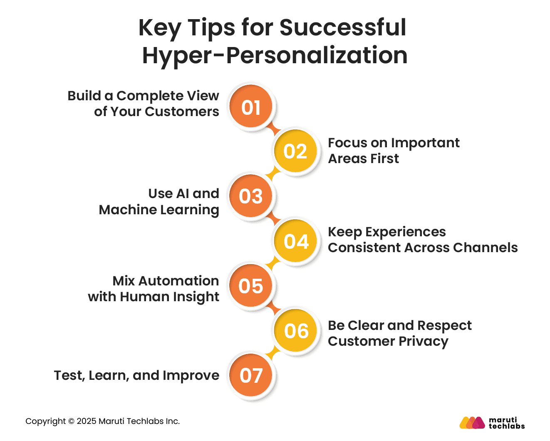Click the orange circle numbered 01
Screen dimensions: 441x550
[x=251, y=107]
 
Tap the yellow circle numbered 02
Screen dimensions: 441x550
[x=295, y=151]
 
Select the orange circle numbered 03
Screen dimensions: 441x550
[x=251, y=196]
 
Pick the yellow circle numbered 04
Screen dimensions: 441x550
[x=296, y=241]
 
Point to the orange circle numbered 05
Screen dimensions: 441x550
[x=251, y=286]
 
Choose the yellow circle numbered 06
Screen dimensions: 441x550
[x=296, y=331]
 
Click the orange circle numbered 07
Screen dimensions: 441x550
[x=251, y=376]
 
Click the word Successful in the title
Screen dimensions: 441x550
[x=343, y=27]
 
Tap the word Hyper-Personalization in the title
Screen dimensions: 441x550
[x=275, y=55]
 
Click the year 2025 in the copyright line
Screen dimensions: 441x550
[x=86, y=421]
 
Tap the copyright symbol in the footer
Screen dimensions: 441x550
[x=71, y=421]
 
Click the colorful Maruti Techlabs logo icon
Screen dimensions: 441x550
[x=472, y=423]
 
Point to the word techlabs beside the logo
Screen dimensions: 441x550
[x=506, y=426]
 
